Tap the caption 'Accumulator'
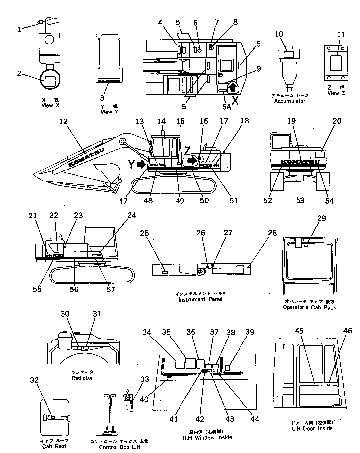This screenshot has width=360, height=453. (x=289, y=101)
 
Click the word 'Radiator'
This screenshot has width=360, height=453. (x=82, y=377)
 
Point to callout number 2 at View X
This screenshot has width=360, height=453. (x=19, y=74)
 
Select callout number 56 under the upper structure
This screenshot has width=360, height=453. (x=74, y=289)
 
